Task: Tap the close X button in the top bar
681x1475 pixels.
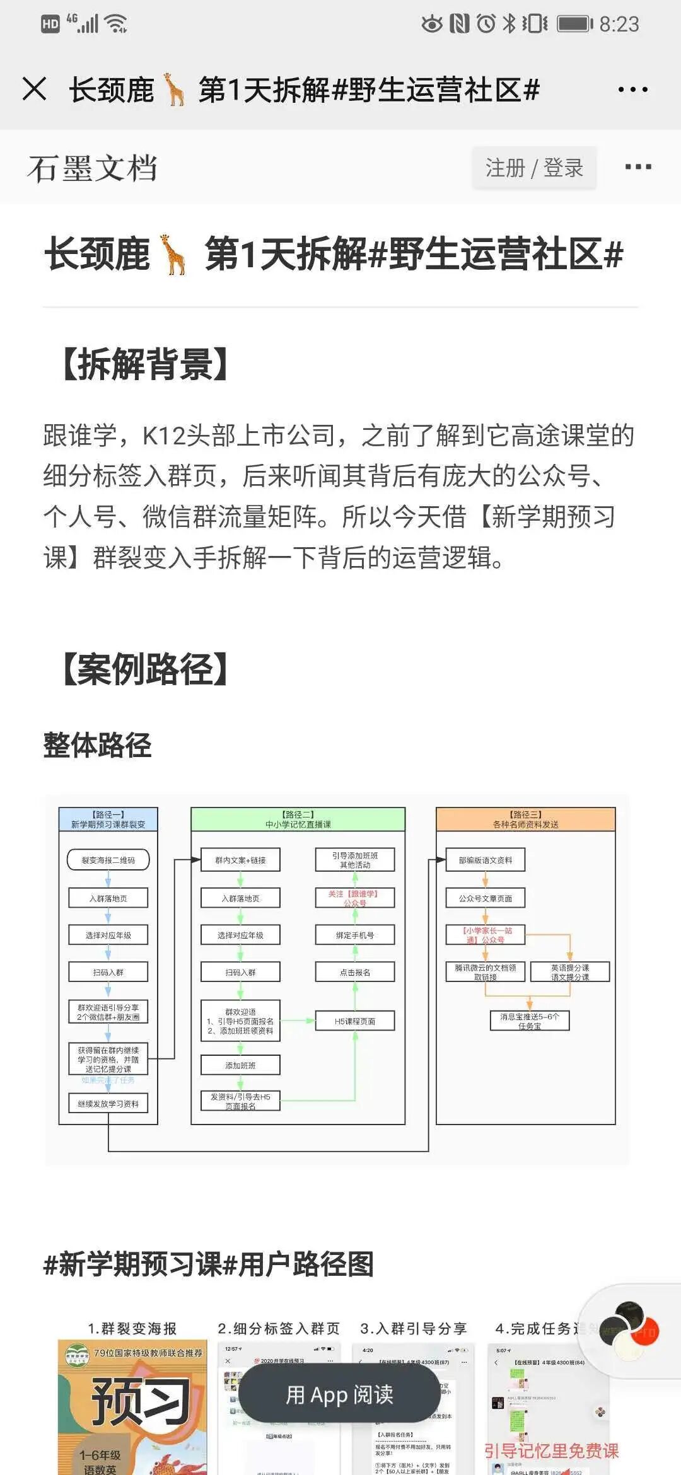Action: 35,89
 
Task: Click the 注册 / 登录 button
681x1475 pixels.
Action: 534,168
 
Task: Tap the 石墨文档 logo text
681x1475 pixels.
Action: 92,168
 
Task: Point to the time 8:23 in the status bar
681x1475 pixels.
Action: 619,25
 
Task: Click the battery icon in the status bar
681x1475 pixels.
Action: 574,25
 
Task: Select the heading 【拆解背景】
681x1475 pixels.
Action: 145,364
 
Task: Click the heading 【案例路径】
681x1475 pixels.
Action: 145,669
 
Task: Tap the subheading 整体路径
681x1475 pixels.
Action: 97,745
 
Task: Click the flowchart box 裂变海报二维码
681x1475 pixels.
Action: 108,860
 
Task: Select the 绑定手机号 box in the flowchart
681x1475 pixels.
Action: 355,935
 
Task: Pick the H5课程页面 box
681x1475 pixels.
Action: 355,1021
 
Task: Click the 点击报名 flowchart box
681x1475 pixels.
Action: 355,972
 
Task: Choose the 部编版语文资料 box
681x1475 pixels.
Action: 486,860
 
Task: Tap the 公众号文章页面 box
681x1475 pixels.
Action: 486,898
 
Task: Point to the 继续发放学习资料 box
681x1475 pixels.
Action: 108,1104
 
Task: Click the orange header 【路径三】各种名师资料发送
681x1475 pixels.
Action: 525,819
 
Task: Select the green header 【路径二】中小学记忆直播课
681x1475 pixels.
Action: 298,819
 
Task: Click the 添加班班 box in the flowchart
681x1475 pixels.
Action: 240,1065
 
